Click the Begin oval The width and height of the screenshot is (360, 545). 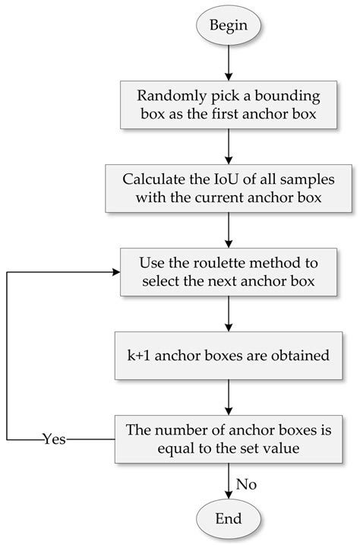click(x=228, y=24)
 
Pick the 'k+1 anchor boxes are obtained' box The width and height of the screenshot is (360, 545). click(x=228, y=355)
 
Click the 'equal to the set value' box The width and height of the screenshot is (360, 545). click(x=228, y=439)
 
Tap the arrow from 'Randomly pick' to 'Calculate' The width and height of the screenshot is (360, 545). click(x=228, y=146)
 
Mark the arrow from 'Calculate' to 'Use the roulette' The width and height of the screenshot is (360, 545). click(x=228, y=230)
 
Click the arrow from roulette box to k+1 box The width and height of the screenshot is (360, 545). click(x=228, y=313)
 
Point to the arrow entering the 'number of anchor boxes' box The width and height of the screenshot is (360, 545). click(x=228, y=397)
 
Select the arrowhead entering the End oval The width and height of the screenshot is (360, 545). click(x=228, y=495)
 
